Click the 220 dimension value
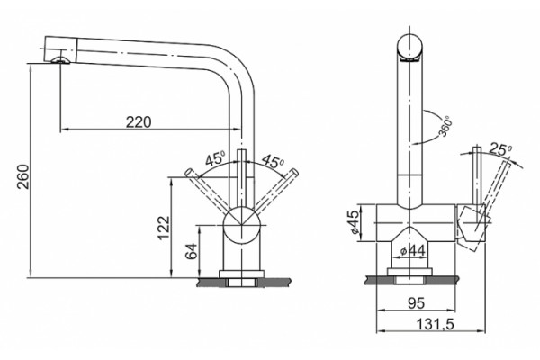139,122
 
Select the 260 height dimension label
23,176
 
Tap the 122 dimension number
164,228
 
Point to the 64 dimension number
191,251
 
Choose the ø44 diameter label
412,251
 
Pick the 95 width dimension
417,302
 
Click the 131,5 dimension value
436,324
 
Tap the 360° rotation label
445,126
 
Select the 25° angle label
500,149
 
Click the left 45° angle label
215,158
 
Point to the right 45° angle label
273,161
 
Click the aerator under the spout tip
60,61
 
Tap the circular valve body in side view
241,225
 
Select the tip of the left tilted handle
189,172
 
